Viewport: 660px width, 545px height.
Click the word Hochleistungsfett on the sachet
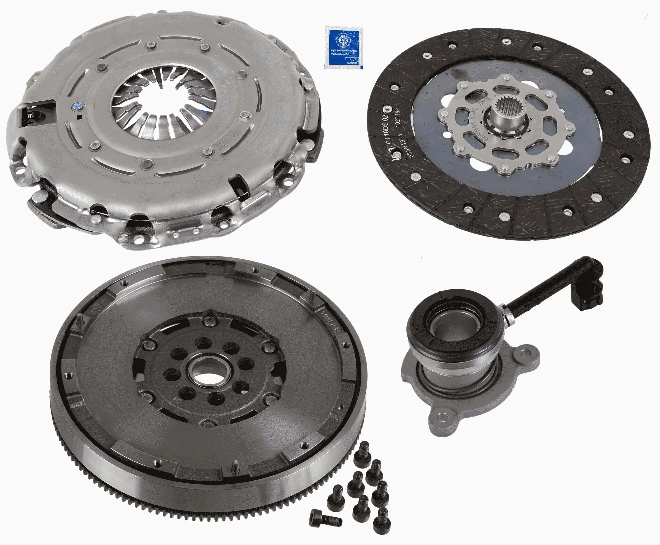(340, 54)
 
